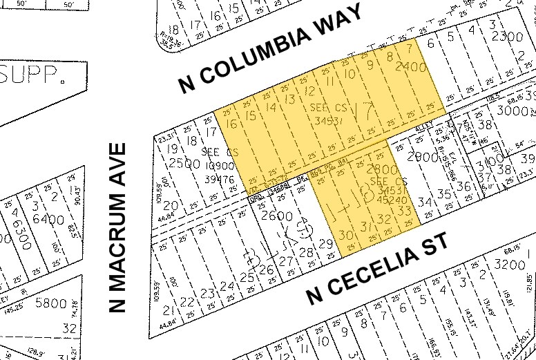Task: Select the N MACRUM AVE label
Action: [x=119, y=228]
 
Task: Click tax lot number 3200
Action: [x=511, y=265]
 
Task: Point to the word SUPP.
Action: [x=28, y=75]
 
